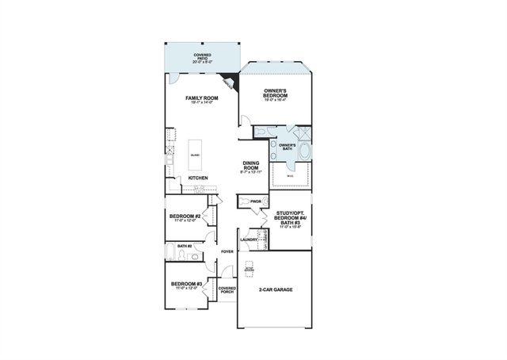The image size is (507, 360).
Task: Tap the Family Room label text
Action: point(200,99)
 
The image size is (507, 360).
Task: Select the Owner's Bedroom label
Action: point(278,92)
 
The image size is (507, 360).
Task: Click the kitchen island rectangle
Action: point(195,155)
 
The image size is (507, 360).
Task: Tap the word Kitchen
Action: point(198,177)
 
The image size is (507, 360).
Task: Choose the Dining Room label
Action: point(250,167)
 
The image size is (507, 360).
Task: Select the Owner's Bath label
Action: point(287,147)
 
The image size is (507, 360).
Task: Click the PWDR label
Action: point(255,201)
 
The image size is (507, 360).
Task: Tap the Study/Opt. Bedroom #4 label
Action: point(292,218)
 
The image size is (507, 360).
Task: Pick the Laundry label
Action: point(247,239)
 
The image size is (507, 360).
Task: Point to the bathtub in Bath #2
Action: point(173,255)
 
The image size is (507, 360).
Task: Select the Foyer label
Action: point(227,251)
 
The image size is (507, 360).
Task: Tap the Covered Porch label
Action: point(227,290)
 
